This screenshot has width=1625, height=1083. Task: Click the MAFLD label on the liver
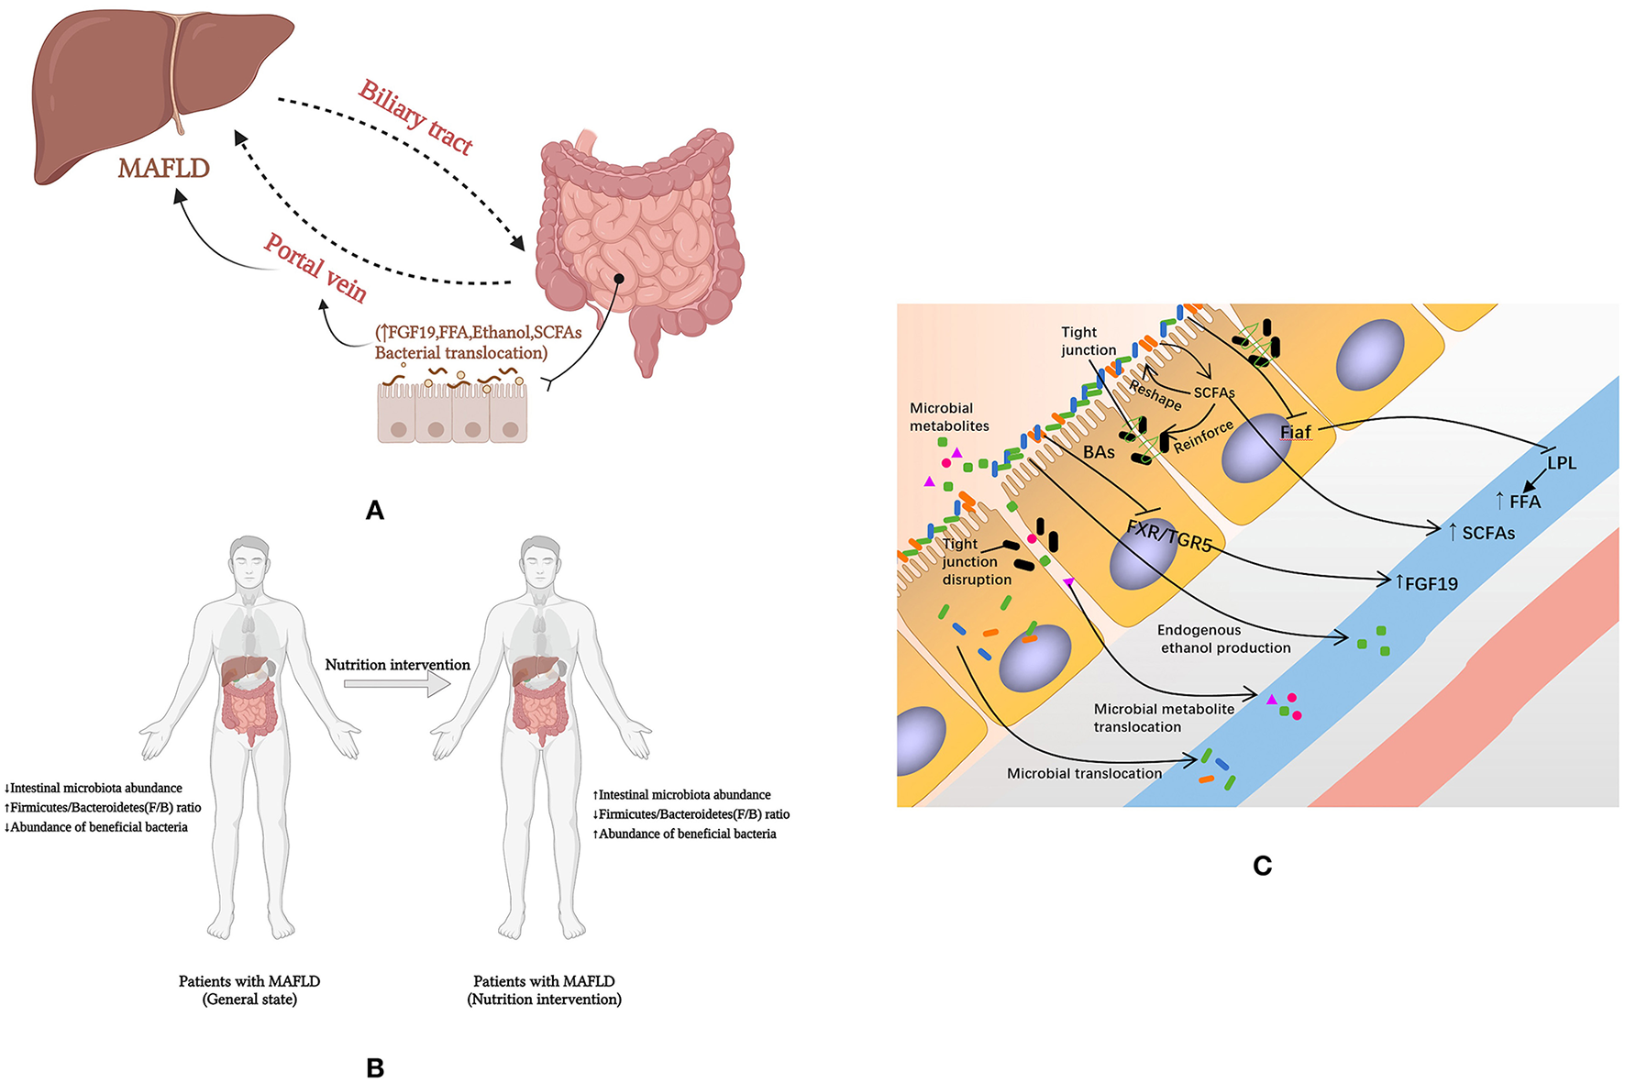tap(163, 168)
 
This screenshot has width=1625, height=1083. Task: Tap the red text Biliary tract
tap(415, 117)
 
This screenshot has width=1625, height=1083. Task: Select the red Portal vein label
tap(315, 268)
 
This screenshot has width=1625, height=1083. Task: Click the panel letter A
tap(374, 511)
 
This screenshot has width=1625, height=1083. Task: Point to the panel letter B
tap(374, 1067)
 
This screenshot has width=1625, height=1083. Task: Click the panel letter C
tap(1262, 866)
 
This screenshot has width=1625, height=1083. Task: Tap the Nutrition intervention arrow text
tap(397, 665)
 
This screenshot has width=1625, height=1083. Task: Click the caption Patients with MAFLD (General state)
tap(249, 990)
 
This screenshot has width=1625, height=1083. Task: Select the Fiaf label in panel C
tap(1295, 432)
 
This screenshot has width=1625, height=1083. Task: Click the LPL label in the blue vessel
tap(1561, 463)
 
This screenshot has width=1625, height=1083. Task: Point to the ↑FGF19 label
tap(1426, 583)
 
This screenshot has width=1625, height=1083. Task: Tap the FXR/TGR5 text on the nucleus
tap(1168, 536)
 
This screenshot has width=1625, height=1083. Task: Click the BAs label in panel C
tap(1099, 452)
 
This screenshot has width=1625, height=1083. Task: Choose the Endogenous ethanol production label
tap(1223, 639)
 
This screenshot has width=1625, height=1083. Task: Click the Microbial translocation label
tap(1084, 774)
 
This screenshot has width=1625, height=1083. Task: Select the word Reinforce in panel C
tap(1203, 437)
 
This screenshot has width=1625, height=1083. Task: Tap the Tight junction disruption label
tap(976, 562)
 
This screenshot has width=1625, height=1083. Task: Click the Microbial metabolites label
tap(949, 417)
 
